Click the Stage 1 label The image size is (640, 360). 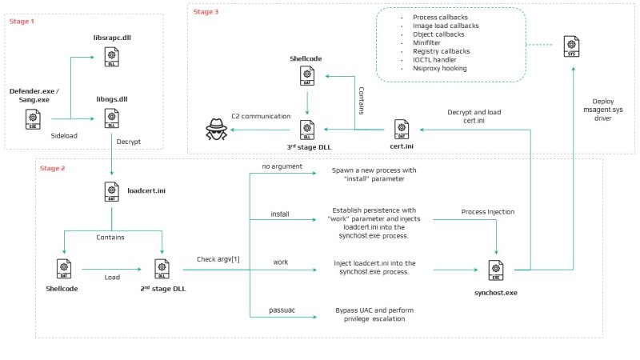pos(22,22)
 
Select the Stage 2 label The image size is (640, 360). pos(52,168)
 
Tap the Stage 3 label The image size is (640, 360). pos(206,12)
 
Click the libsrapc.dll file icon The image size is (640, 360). pos(111,57)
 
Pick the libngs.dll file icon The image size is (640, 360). pos(111,118)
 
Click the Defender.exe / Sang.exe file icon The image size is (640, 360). pos(33,119)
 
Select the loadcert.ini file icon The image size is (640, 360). pos(111,191)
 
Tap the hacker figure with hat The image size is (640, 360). pos(216,130)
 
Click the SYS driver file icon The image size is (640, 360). pos(571,46)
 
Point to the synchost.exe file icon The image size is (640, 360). pos(496,270)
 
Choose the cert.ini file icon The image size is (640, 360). pos(402,130)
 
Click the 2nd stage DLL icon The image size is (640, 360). pos(162,269)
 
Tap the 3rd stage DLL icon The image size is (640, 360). pos(307,130)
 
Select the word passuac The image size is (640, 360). pos(282,310)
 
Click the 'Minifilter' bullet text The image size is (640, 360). pos(426,42)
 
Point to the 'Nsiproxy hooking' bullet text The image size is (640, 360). pos(439,68)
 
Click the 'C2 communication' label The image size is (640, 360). pos(261,116)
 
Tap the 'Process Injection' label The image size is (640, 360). pos(488,212)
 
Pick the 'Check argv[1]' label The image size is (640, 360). pos(218,259)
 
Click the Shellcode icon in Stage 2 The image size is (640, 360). pos(64,269)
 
